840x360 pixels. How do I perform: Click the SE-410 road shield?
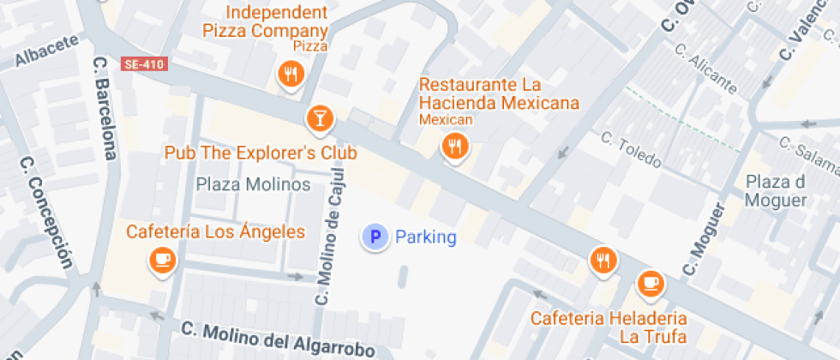[x=143, y=64]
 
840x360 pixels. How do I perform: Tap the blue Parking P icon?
[x=374, y=237]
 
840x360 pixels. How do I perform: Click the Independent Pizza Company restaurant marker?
[x=291, y=75]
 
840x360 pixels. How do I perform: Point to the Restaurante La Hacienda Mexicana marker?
[x=454, y=147]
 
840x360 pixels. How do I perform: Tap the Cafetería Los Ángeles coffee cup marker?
[x=162, y=260]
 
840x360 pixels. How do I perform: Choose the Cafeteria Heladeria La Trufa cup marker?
[x=650, y=283]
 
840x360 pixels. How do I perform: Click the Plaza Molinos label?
[x=253, y=184]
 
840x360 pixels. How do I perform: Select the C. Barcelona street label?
[x=105, y=108]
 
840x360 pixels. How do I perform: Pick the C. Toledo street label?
[x=631, y=149]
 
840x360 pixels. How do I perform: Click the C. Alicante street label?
[x=705, y=69]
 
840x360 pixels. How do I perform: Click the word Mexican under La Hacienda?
[x=446, y=119]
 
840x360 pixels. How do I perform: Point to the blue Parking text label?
[x=426, y=237]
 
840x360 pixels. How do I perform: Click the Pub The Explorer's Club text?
[x=261, y=153]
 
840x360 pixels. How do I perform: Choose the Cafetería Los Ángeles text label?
[x=215, y=231]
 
